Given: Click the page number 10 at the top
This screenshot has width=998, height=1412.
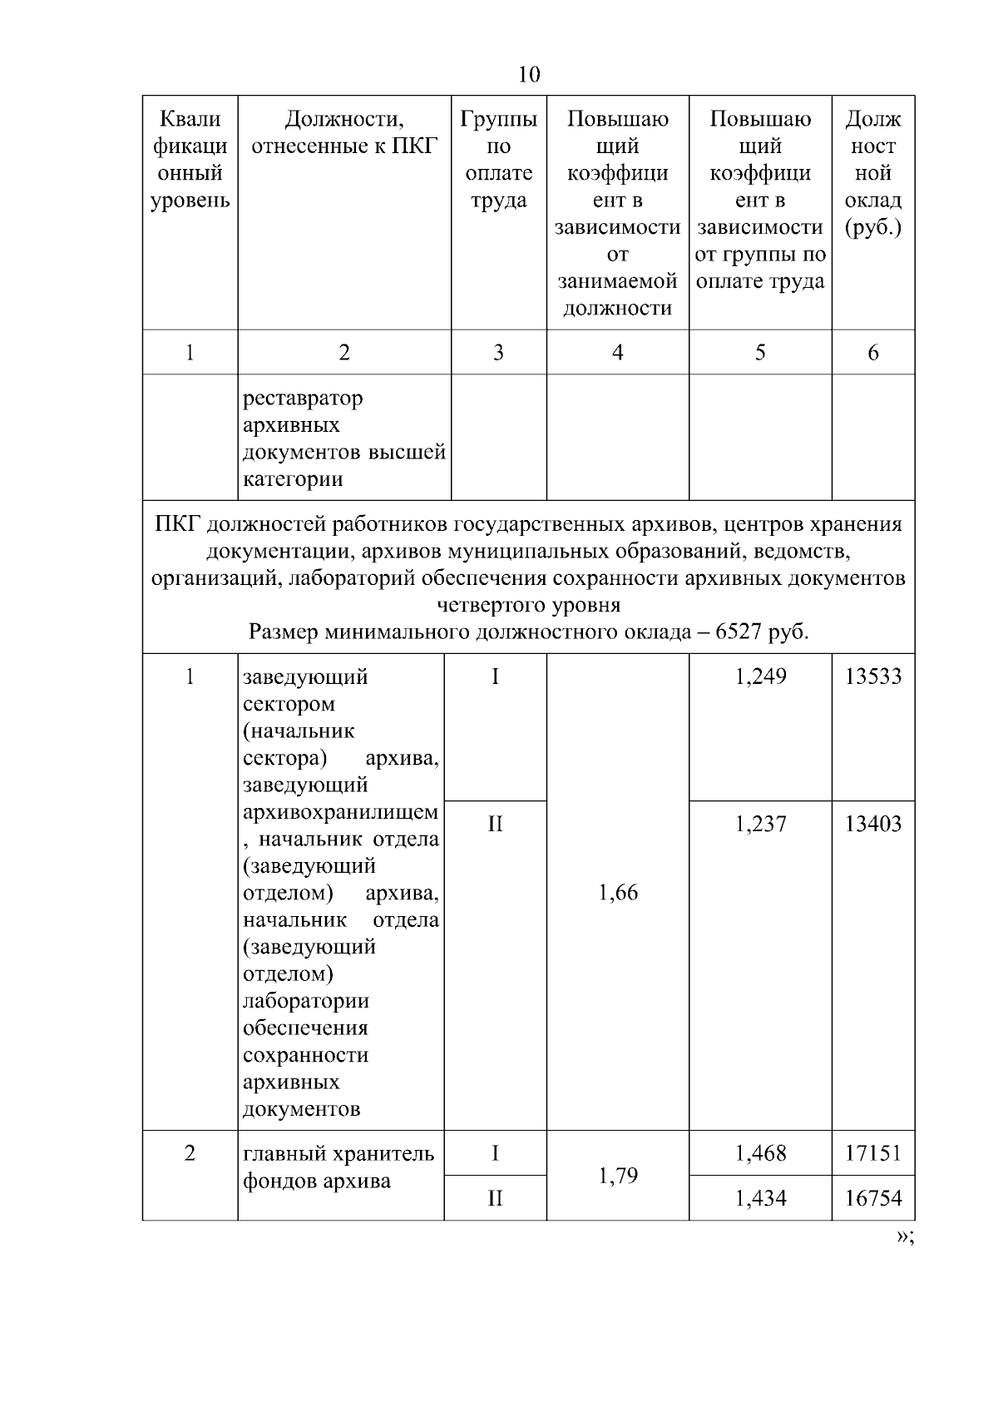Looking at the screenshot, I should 529,75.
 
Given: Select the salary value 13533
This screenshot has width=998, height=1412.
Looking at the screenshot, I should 872,676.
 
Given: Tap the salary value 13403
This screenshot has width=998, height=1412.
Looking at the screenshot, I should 872,824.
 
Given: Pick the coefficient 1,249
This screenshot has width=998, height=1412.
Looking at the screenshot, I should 760,676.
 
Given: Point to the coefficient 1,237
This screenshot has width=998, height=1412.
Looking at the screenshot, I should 760,824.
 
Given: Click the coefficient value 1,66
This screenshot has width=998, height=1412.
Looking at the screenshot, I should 618,893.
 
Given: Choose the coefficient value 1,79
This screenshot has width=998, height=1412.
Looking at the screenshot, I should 618,1176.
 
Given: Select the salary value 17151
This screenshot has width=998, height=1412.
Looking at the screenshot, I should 872,1153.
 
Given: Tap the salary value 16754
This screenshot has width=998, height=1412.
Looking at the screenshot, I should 872,1198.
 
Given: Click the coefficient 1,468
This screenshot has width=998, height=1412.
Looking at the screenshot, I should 760,1153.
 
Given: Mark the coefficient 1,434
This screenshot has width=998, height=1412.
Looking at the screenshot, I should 760,1198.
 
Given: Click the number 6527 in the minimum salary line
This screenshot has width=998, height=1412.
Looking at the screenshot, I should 738,632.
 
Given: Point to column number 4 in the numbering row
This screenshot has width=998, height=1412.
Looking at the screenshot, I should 617,353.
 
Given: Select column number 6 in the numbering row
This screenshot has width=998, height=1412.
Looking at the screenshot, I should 872,353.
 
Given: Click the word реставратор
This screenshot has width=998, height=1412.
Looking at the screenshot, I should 303,399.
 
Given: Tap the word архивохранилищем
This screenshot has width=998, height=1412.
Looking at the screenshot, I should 340,812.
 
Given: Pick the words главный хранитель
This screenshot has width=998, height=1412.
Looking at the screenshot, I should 338,1154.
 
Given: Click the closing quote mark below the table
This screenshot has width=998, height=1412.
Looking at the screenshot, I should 904,1236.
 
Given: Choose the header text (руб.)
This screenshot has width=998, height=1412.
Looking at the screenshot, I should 872,228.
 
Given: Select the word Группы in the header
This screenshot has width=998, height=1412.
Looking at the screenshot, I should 498,120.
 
